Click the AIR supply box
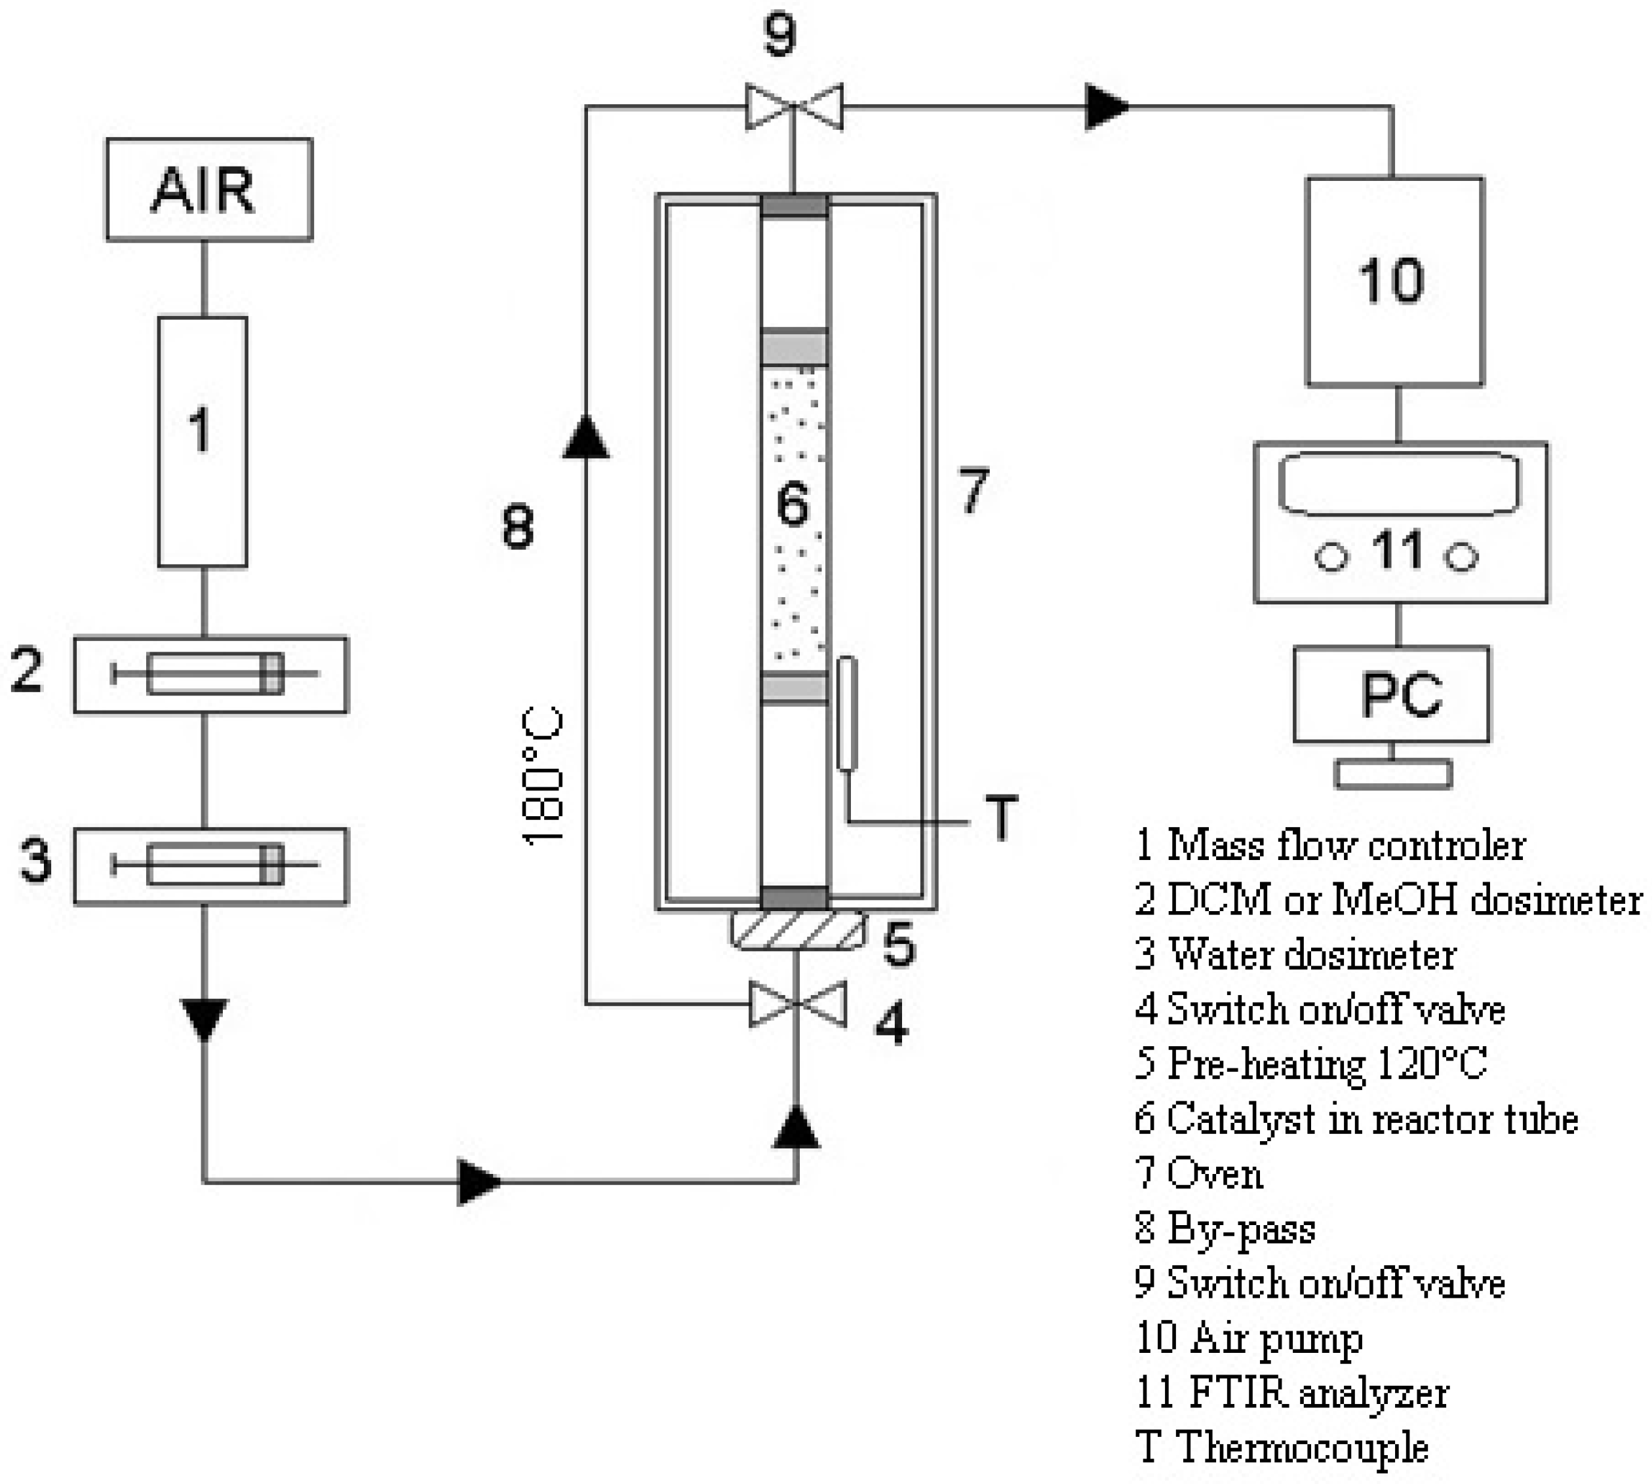point(208,189)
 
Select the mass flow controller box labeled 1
point(202,441)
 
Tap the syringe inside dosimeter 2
point(214,674)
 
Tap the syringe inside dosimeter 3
point(214,865)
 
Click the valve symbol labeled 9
point(793,106)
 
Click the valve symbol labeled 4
point(796,1004)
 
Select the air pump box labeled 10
point(1394,281)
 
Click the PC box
point(1391,694)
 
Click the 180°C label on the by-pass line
point(543,775)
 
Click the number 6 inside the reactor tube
point(793,503)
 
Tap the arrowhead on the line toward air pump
point(1107,106)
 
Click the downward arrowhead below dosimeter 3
point(204,1019)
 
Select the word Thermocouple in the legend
point(1301,1447)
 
